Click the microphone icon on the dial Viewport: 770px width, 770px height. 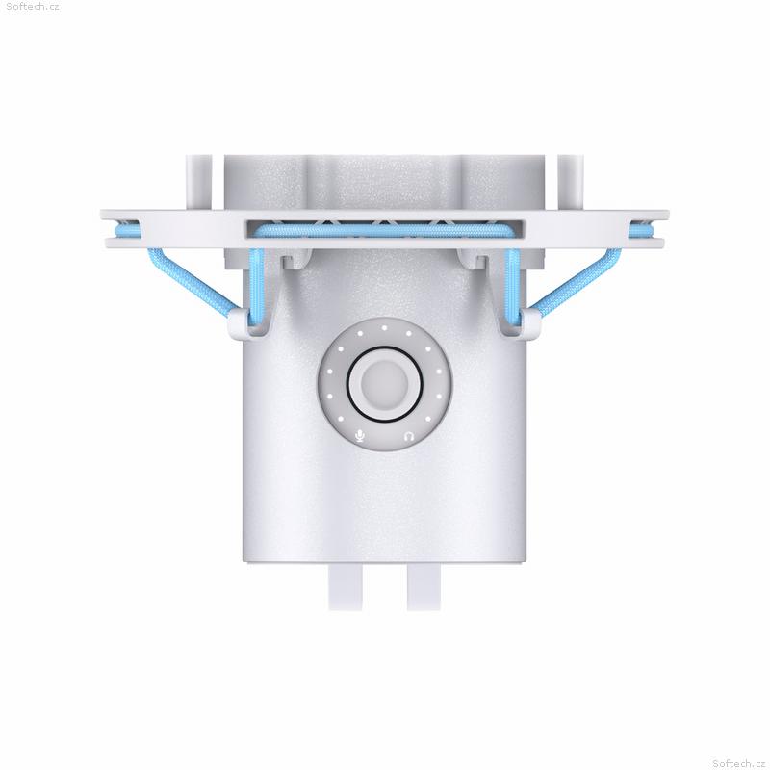click(360, 436)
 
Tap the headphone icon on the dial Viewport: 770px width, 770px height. click(408, 436)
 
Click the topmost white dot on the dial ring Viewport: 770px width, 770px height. click(384, 327)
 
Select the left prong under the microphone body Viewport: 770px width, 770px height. click(346, 587)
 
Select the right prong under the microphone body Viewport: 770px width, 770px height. click(423, 587)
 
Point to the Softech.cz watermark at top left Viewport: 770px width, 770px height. click(33, 7)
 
